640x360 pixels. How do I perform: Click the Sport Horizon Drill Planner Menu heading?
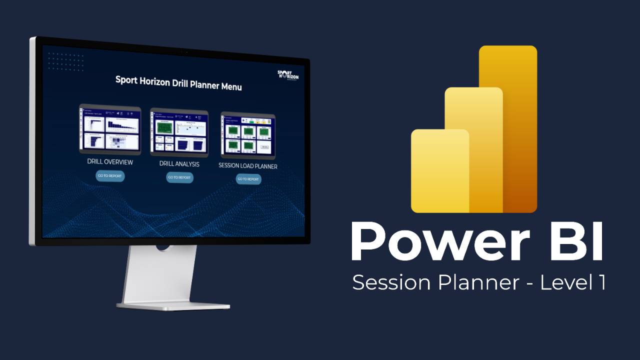[178, 82]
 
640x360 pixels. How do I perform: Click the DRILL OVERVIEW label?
[110, 162]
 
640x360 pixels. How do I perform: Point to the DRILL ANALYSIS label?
[179, 164]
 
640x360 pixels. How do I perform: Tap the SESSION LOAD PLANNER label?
[248, 165]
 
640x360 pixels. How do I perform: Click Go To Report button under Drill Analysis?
[179, 177]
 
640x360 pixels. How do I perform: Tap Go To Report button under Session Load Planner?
[248, 179]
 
